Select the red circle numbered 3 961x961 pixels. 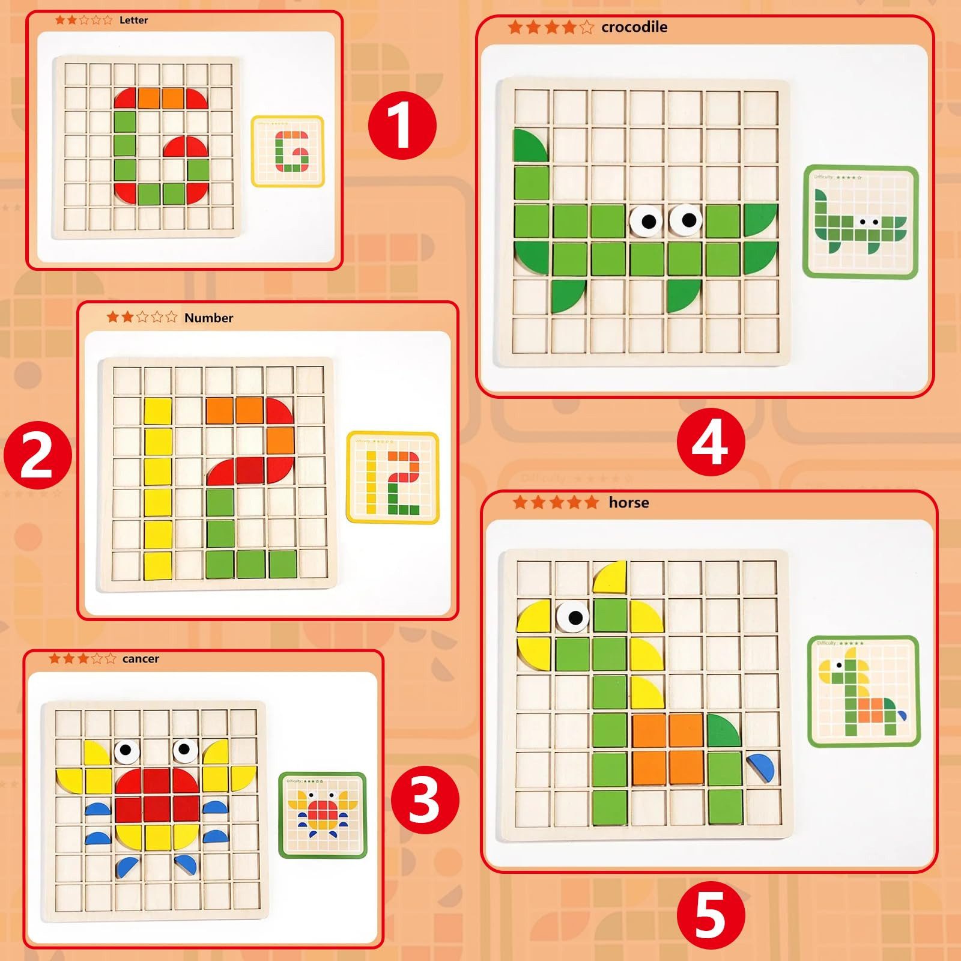tap(425, 799)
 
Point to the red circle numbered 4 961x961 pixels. tap(711, 443)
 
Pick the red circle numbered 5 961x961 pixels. tap(711, 915)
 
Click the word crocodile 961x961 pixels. tap(634, 27)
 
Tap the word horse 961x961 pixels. tap(628, 503)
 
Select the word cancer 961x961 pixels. tap(141, 659)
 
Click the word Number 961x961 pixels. tap(208, 318)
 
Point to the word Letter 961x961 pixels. tap(133, 20)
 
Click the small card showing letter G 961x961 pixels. tap(288, 151)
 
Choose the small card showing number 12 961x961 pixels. tap(393, 477)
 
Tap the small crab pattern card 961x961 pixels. tap(323, 815)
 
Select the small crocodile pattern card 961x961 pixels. tap(861, 222)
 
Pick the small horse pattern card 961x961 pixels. tap(863, 691)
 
